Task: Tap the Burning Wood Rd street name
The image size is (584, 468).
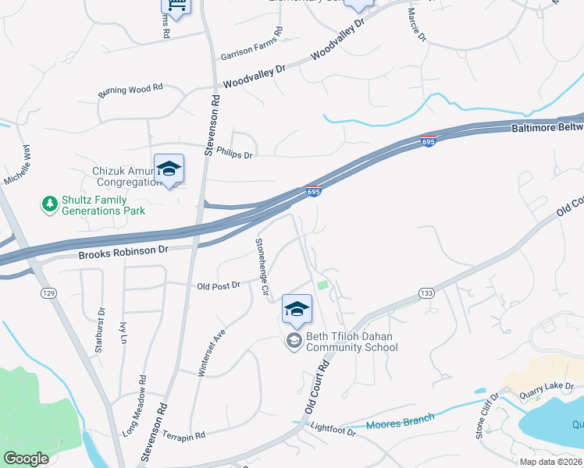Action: tap(130, 90)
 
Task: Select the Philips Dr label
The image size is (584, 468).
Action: tap(235, 154)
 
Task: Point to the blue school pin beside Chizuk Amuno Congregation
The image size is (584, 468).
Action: tap(169, 169)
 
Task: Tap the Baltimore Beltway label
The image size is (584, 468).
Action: tap(547, 127)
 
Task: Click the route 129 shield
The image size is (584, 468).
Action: tap(48, 292)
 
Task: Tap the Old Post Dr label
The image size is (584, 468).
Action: tap(219, 285)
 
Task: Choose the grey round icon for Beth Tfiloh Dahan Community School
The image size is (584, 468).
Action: tap(294, 340)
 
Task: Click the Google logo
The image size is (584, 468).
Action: tap(27, 458)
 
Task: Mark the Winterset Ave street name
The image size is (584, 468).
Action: tap(211, 353)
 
